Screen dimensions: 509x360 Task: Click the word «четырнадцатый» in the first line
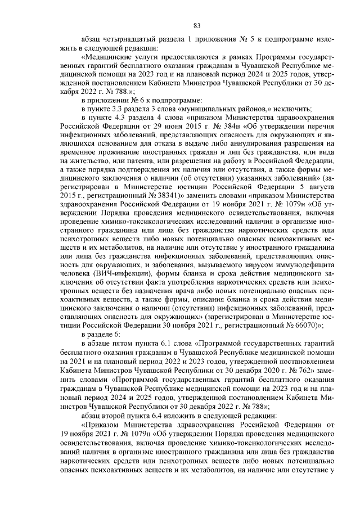click(126, 40)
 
